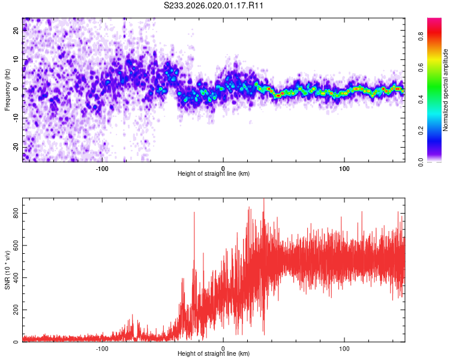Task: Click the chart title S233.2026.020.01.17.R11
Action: pyautogui.click(x=214, y=6)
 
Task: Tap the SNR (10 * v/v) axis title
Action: pyautogui.click(x=7, y=270)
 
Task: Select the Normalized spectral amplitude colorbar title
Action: pyautogui.click(x=445, y=90)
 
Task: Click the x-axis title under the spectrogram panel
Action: pyautogui.click(x=214, y=173)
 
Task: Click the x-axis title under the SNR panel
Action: pyautogui.click(x=214, y=353)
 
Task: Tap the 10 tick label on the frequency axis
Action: pyautogui.click(x=16, y=59)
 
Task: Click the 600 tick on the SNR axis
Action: pyautogui.click(x=14, y=245)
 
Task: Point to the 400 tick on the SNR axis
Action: pyautogui.click(x=14, y=278)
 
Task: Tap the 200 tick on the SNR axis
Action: pyautogui.click(x=14, y=310)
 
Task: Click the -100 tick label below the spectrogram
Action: pyautogui.click(x=102, y=168)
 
